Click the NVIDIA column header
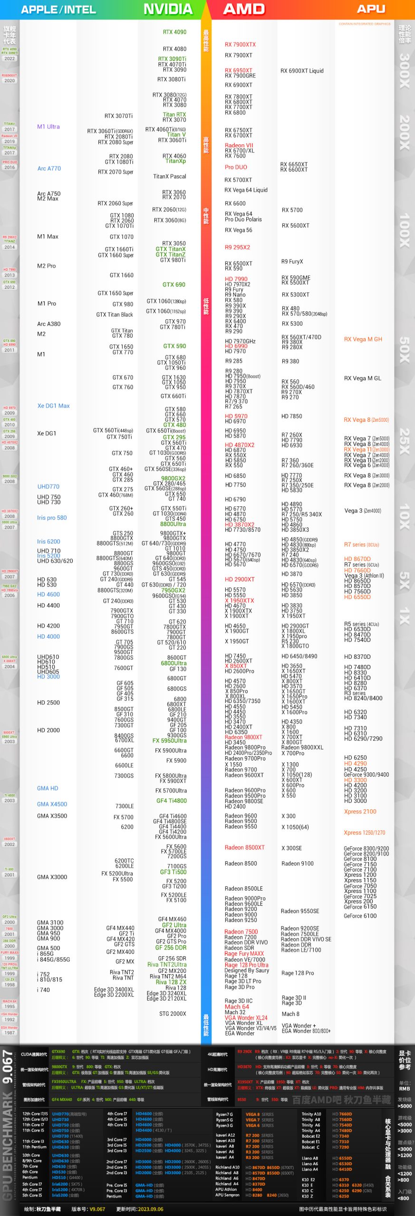click(168, 9)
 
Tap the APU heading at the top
click(371, 9)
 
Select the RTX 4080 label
click(174, 49)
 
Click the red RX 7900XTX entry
click(240, 45)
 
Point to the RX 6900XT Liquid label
click(302, 71)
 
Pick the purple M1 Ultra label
click(48, 127)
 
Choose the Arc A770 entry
click(49, 169)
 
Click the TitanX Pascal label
click(170, 177)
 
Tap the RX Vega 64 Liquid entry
click(246, 190)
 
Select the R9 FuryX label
click(292, 262)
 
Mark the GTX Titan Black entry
click(115, 315)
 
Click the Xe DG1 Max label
click(53, 406)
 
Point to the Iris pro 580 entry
click(52, 518)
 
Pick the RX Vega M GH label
click(363, 340)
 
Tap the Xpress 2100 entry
click(360, 812)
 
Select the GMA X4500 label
click(52, 804)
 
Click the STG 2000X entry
click(173, 1014)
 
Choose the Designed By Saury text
click(247, 970)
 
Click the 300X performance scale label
click(405, 70)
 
